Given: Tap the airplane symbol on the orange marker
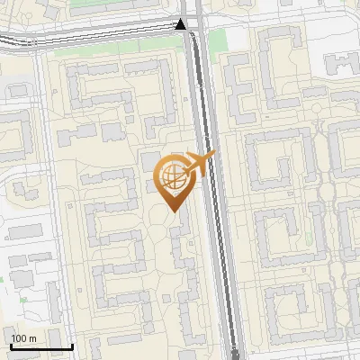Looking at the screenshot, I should tap(201, 162).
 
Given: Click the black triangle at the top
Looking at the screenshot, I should tap(182, 23).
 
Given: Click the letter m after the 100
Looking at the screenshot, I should tap(32, 337).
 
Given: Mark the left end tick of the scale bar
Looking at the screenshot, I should tap(10, 346).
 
